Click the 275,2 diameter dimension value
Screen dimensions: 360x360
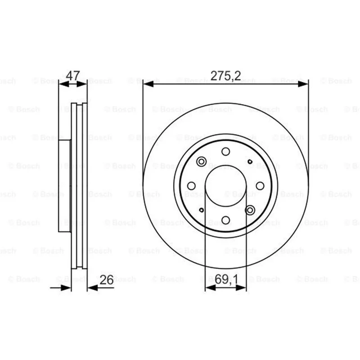[x=226, y=76]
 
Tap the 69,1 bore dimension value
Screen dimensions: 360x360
[x=226, y=279]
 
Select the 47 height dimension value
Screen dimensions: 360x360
[x=73, y=75]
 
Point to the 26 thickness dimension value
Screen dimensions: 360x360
[x=107, y=279]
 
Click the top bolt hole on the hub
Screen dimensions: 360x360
[x=226, y=152]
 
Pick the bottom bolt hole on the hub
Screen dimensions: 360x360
[x=226, y=220]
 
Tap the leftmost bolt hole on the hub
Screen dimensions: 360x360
[x=192, y=186]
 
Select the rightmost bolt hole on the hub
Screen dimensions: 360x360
[x=260, y=186]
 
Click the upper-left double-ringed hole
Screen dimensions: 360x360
[x=201, y=162]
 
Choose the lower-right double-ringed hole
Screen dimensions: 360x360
[x=250, y=210]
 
